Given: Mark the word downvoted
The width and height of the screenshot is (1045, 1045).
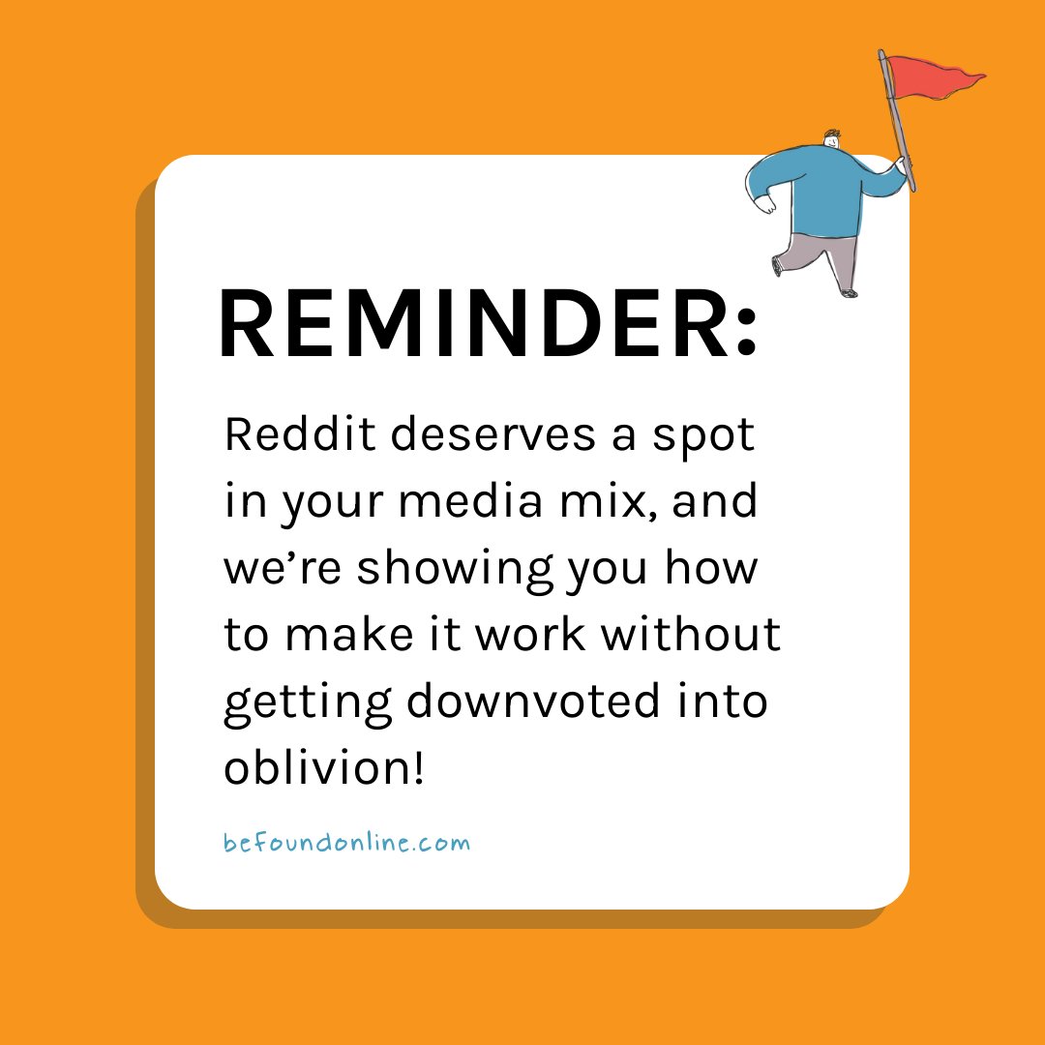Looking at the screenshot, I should (x=528, y=700).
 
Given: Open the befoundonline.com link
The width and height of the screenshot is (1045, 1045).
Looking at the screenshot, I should (x=346, y=842).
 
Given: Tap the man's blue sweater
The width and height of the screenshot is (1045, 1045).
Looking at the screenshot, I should (x=822, y=189).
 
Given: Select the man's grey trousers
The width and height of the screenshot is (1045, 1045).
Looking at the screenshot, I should (x=822, y=257).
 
